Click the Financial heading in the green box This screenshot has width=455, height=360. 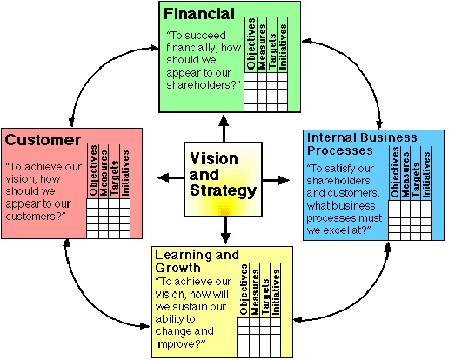point(199,14)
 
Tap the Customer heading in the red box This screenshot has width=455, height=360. point(43,140)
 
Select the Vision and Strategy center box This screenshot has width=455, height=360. point(223,179)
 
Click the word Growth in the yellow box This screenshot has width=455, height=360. point(177,268)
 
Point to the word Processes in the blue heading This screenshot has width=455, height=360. point(340,150)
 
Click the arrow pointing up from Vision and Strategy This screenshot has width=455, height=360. point(224,128)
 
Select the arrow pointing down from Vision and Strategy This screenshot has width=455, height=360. point(225,230)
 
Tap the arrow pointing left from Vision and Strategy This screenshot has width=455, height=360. point(171,177)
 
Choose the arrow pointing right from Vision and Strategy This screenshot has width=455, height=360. point(276,180)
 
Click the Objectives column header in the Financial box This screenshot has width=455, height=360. point(251,44)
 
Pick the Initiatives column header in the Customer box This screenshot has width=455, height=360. point(125,173)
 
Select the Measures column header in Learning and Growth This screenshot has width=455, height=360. point(255,292)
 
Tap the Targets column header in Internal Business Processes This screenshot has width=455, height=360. point(416,179)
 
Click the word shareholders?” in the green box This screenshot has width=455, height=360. point(204,85)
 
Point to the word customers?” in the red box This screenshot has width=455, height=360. point(36,217)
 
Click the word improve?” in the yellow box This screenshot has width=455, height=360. point(180,344)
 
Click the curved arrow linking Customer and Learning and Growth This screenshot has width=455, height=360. point(86,302)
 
